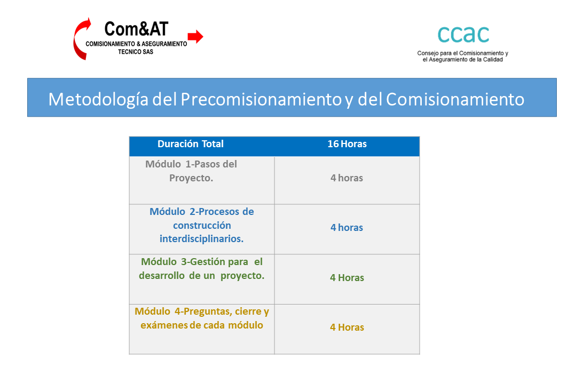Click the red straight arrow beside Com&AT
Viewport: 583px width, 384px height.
195,36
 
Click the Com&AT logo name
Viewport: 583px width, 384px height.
136,29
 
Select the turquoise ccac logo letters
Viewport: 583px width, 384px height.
463,35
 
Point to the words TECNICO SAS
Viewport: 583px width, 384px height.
136,52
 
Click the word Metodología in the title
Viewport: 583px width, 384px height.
99,100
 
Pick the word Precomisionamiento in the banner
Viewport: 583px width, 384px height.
261,100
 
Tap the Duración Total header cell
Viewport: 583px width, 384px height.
191,144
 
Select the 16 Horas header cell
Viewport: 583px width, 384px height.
347,144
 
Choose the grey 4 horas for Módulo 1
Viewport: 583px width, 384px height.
346,178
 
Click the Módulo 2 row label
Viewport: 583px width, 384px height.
201,225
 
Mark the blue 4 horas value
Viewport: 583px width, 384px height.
346,227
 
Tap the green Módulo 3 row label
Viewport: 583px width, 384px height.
201,268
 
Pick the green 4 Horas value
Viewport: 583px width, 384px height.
347,278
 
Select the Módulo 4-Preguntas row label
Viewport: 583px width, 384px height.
201,318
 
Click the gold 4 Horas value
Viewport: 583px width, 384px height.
347,327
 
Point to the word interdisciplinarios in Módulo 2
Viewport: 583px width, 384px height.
201,239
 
